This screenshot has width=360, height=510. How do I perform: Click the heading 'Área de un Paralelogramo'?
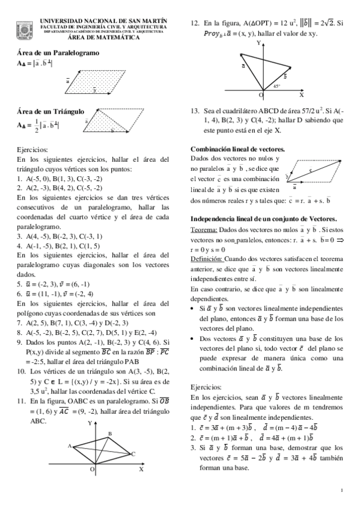point(58,52)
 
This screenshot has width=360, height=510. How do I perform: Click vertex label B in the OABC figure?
point(109,433)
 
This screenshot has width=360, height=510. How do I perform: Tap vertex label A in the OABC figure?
point(70,445)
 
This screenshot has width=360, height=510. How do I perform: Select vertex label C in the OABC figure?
point(133,454)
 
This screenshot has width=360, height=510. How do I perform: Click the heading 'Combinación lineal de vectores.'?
point(237,149)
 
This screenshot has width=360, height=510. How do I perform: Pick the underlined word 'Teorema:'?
point(204,230)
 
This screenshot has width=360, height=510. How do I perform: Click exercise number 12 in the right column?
point(195,22)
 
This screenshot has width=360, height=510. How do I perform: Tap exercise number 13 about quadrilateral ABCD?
point(195,111)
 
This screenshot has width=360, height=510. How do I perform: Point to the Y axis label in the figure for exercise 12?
point(258,43)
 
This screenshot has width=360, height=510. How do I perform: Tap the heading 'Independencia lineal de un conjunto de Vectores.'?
point(263,219)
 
